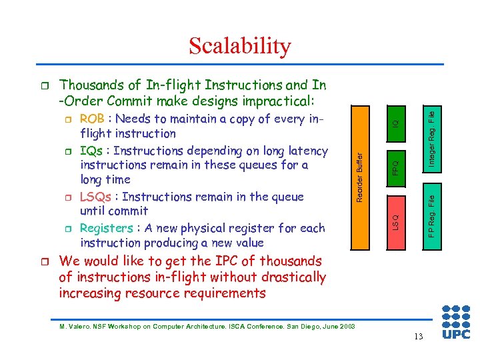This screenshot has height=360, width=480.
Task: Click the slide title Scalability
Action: [239, 46]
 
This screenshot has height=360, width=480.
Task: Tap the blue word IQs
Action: [91, 151]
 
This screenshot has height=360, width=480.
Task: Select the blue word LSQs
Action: [95, 197]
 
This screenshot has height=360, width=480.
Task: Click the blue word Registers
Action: [106, 228]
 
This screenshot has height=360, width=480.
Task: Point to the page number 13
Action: [418, 336]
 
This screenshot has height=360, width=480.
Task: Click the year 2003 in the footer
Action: [345, 326]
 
